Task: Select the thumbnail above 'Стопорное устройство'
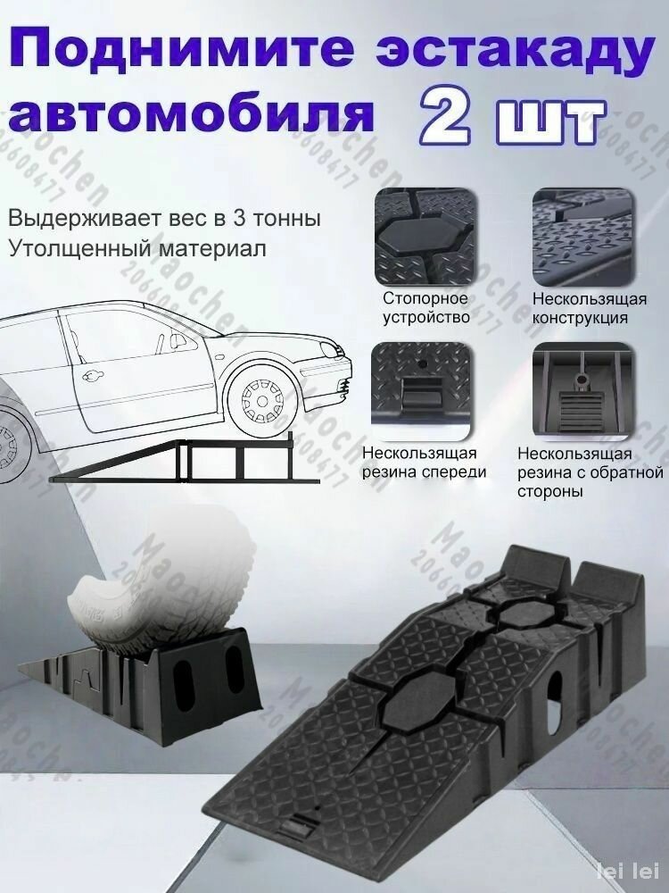[x=426, y=234]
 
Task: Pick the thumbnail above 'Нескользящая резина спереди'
[x=426, y=385]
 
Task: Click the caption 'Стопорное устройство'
[x=426, y=307]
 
